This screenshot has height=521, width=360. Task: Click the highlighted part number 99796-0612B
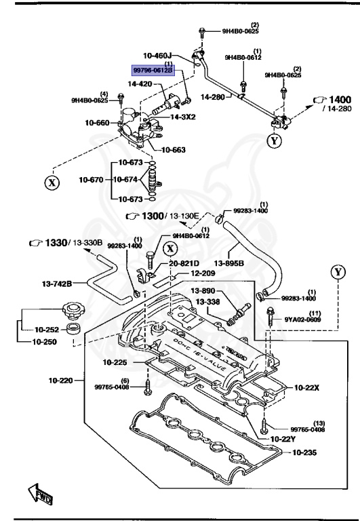tap(153, 70)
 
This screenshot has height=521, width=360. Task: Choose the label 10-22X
tap(308, 387)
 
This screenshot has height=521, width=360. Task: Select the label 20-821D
tap(184, 263)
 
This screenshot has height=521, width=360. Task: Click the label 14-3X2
tap(183, 116)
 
